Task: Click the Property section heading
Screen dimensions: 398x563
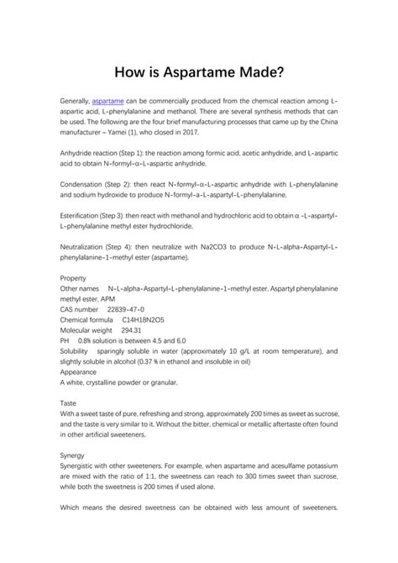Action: [x=74, y=276]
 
